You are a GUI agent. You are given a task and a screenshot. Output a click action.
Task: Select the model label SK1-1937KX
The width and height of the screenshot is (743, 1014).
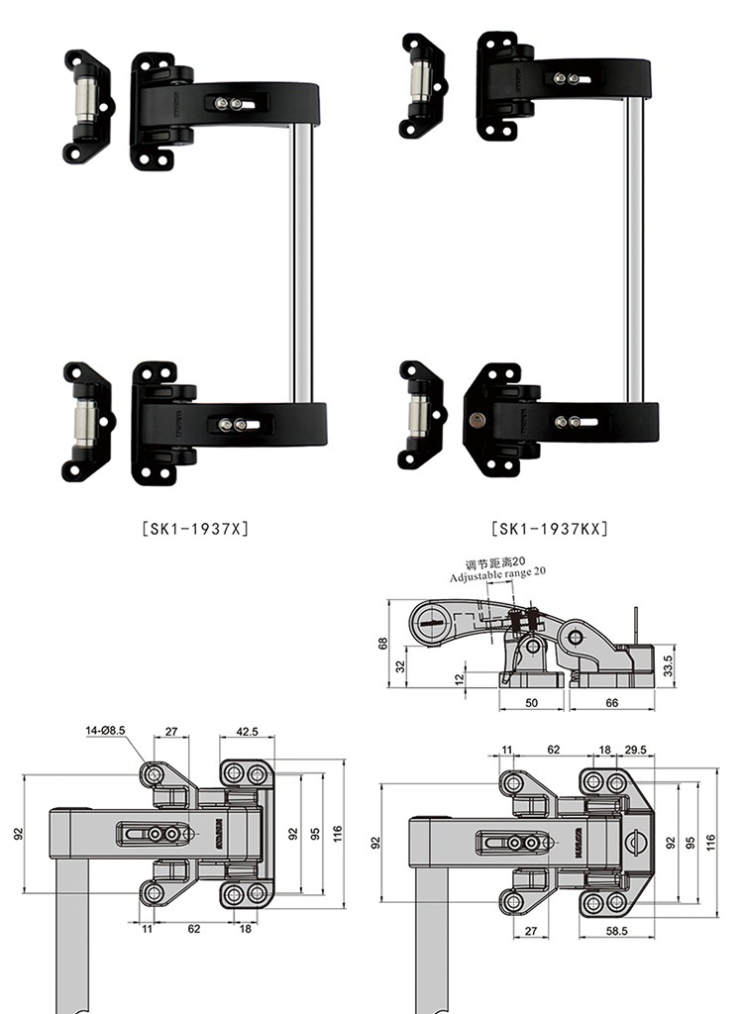550,528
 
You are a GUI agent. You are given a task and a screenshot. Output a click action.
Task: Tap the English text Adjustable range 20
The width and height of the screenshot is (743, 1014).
496,573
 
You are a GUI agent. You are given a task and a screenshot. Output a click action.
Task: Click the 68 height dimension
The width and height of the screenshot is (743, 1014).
382,643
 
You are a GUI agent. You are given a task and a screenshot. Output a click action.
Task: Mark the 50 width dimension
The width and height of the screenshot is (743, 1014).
532,702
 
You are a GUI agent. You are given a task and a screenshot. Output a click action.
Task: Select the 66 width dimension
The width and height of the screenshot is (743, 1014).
610,702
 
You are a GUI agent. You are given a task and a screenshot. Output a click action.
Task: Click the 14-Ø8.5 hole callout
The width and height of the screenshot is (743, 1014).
106,732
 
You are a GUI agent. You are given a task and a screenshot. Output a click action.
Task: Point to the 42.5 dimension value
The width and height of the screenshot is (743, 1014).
248,734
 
